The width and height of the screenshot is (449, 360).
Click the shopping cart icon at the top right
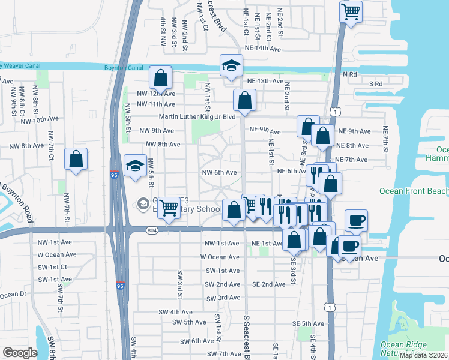pyautogui.click(x=351, y=11)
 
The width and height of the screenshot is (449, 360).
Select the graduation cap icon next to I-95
pyautogui.click(x=135, y=166)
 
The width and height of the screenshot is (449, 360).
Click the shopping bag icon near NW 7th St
pyautogui.click(x=76, y=160)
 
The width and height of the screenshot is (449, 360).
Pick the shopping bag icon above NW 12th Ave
pyautogui.click(x=161, y=77)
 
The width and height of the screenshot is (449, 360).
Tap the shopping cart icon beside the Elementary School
pyautogui.click(x=170, y=208)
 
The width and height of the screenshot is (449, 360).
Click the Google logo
pyautogui.click(x=19, y=353)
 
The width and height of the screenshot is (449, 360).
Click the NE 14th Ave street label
pyautogui.click(x=261, y=49)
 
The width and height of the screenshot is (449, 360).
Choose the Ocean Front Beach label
pyautogui.click(x=414, y=191)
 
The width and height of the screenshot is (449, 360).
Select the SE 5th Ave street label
pyautogui.click(x=308, y=323)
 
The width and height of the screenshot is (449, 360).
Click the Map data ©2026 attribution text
pyautogui.click(x=423, y=355)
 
